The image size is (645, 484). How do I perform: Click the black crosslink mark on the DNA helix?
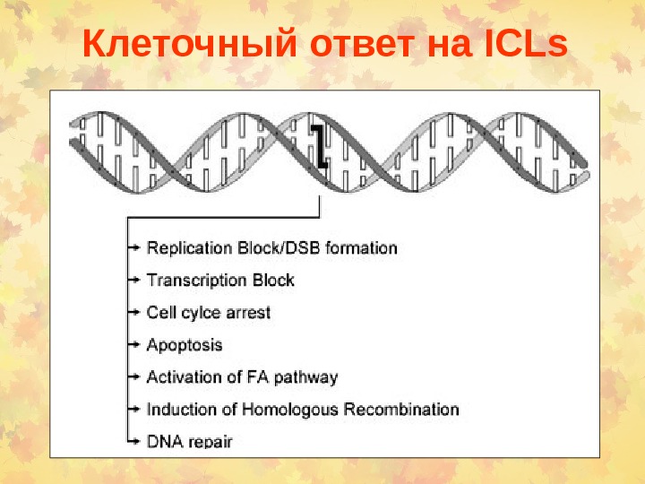tap(318, 144)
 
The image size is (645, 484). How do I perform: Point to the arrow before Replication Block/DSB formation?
tap(133, 246)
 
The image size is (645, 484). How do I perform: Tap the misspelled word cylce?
tap(202, 312)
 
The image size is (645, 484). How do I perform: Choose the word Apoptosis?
tap(184, 344)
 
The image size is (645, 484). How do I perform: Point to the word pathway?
tap(307, 377)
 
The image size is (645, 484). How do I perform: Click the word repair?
tap(210, 442)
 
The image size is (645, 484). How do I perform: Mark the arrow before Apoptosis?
tap(133, 344)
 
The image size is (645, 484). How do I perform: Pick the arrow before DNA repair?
tap(133, 441)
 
